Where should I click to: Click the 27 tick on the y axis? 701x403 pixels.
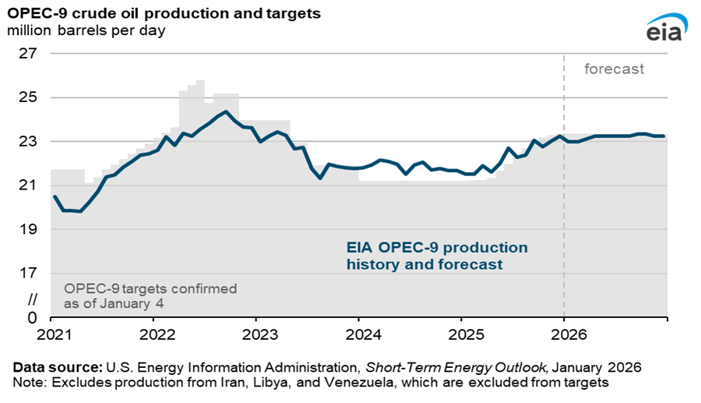pyautogui.click(x=28, y=54)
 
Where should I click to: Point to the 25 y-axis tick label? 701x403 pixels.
pyautogui.click(x=28, y=97)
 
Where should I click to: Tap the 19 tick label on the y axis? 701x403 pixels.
pyautogui.click(x=28, y=229)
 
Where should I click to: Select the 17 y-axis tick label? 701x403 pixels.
pyautogui.click(x=28, y=273)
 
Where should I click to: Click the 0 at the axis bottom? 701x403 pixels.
pyautogui.click(x=33, y=317)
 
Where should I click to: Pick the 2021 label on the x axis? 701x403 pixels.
pyautogui.click(x=51, y=332)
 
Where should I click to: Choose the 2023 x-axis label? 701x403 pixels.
pyautogui.click(x=255, y=332)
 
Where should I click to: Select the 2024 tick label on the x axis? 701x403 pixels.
pyautogui.click(x=358, y=332)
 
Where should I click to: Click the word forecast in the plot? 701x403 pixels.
pyautogui.click(x=615, y=69)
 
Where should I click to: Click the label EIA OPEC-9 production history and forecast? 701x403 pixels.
pyautogui.click(x=436, y=256)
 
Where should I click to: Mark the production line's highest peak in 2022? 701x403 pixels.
pyautogui.click(x=225, y=111)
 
